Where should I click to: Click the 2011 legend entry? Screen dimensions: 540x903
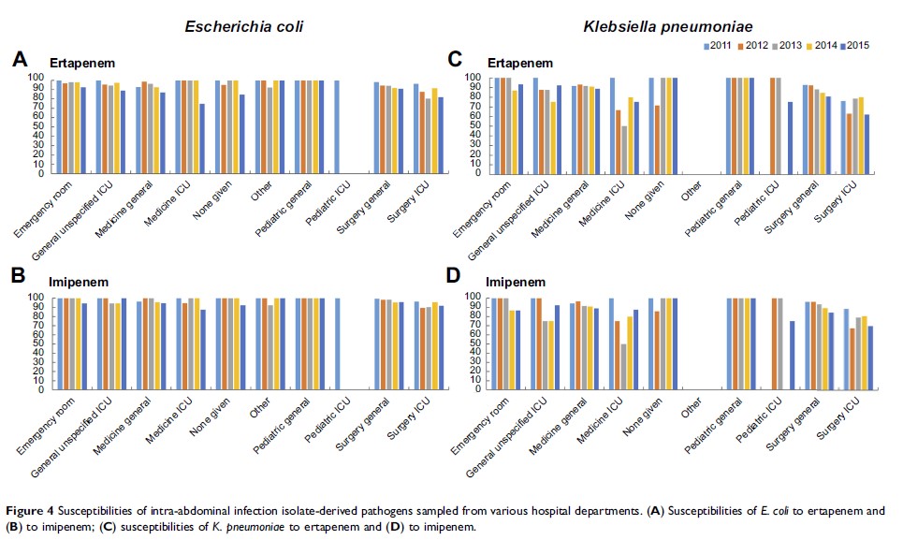coord(720,44)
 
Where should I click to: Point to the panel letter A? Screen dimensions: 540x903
coord(19,61)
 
